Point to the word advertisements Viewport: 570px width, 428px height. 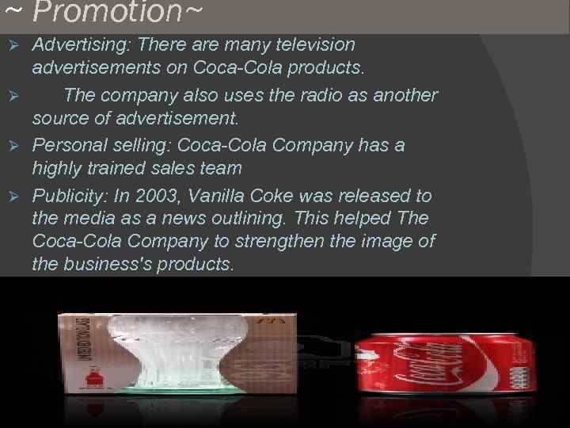pyautogui.click(x=108, y=68)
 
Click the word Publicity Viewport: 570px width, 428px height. pyautogui.click(x=70, y=195)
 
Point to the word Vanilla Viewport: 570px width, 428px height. pyautogui.click(x=234, y=195)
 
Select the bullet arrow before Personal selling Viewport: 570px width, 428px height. pyautogui.click(x=12, y=146)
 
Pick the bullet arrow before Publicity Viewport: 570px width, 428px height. pyautogui.click(x=12, y=195)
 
